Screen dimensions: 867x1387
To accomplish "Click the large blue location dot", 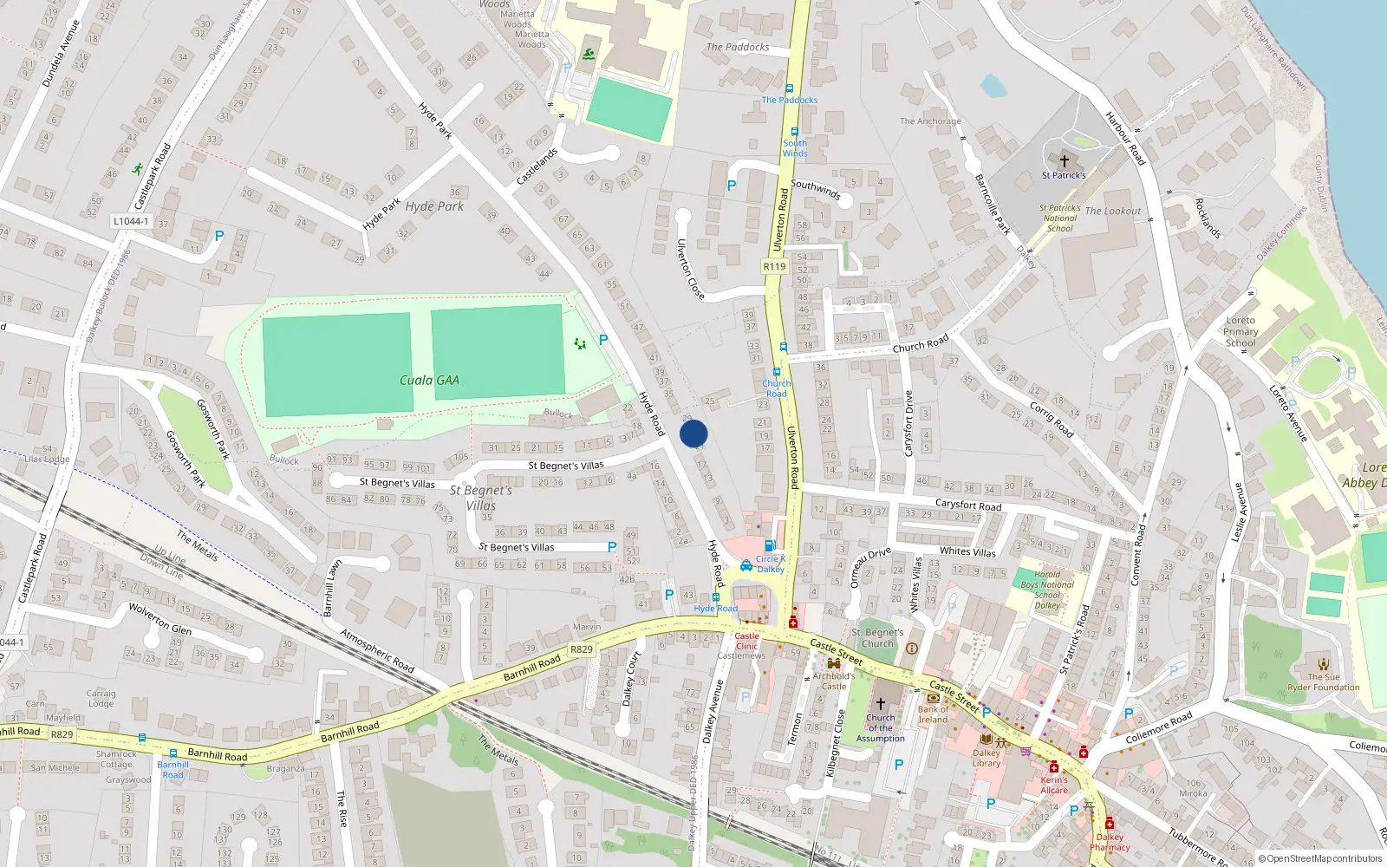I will coord(693,433).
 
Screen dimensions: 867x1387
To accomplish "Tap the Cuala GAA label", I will coord(429,380).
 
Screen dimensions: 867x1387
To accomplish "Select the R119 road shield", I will coord(774,266).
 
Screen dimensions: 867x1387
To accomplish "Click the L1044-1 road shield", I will coord(131,221).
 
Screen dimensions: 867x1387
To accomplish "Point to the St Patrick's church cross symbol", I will coord(1065,161).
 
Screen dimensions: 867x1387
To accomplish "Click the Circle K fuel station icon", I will coord(770,545).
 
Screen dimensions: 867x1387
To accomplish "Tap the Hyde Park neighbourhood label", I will coord(434,206).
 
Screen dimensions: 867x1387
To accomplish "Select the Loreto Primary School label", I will coord(1240,331).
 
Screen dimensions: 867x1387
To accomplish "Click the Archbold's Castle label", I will coord(833,681).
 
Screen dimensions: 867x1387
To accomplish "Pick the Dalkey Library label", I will coord(987,758).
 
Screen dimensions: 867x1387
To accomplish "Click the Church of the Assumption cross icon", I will coord(881,704).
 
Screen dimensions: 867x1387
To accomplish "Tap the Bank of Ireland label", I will coord(933,714).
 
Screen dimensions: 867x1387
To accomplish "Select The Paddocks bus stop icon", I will coord(789,88).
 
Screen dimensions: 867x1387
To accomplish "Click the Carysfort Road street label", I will coord(967,505).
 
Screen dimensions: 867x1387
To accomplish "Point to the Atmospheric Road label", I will coord(377,650).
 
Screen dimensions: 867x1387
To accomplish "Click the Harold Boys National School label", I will coord(1047,590).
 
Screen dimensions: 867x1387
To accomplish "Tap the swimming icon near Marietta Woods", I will coord(589,55).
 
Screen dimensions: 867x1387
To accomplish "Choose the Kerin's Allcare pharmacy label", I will coord(1054,785).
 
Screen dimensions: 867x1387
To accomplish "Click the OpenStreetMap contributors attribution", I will coord(1319,858).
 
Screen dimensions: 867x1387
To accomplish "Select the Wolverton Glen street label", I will coord(160,617).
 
